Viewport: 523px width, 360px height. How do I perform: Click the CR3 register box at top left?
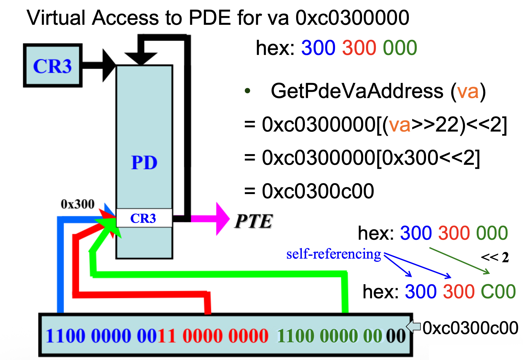click(53, 66)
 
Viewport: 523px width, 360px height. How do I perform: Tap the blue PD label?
click(144, 163)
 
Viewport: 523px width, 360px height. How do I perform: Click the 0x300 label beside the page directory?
click(77, 204)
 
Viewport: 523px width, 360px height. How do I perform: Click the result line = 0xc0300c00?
click(309, 191)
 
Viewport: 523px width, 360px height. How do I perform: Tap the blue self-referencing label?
click(333, 254)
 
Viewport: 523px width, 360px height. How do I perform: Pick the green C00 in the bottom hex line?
click(498, 292)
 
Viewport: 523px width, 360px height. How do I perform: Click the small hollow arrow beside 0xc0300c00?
click(413, 326)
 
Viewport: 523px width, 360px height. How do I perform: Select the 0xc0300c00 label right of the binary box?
click(470, 328)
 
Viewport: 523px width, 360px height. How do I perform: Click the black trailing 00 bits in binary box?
click(396, 336)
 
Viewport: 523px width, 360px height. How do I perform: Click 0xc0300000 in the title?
click(352, 18)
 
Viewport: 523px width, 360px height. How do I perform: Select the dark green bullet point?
click(248, 91)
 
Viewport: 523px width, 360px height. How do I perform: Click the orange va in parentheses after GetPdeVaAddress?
click(468, 91)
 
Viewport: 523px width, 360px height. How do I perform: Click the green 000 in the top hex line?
click(400, 48)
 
